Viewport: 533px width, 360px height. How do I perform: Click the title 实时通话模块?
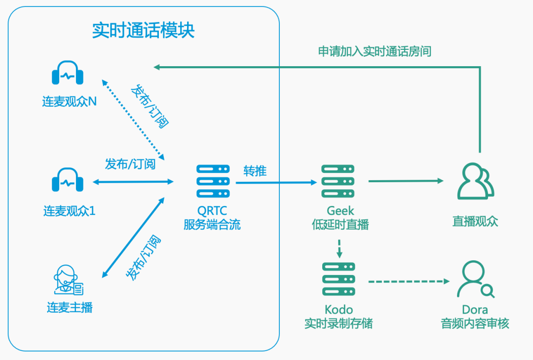[144, 31]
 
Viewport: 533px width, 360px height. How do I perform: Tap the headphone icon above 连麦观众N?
[68, 73]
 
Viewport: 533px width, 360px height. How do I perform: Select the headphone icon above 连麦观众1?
[68, 181]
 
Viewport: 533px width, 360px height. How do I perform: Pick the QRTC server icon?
[213, 181]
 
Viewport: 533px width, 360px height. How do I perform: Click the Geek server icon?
[338, 181]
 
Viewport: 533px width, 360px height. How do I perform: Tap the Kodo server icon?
[338, 280]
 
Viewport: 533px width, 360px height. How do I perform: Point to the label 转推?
[255, 171]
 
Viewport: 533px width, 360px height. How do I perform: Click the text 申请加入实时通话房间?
[375, 51]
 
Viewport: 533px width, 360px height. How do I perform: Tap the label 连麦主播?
[70, 308]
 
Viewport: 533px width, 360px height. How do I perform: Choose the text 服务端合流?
[212, 225]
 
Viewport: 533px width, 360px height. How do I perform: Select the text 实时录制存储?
[339, 324]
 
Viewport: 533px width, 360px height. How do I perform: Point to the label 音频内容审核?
[475, 324]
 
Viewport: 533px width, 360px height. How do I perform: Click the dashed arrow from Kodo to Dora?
[409, 281]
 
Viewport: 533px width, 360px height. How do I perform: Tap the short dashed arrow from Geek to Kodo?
[339, 249]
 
